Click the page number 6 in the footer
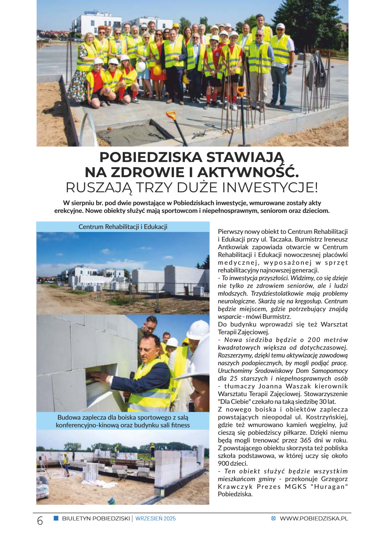[40, 520]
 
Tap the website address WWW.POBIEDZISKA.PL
[314, 518]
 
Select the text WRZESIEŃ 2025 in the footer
[156, 518]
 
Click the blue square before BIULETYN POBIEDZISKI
[56, 518]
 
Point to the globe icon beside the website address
[273, 518]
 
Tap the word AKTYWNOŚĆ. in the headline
[248, 172]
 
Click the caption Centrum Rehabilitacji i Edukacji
[123, 227]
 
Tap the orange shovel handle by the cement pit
[171, 115]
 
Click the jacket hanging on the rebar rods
[317, 71]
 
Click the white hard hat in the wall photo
[197, 330]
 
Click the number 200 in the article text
[314, 340]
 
